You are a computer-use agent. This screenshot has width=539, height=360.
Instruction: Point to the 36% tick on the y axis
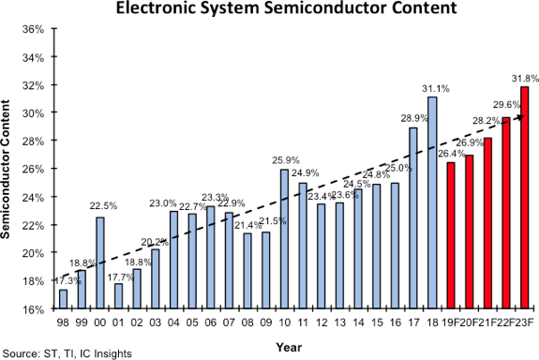click(33, 28)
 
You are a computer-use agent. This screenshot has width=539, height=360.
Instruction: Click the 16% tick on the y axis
click(33, 308)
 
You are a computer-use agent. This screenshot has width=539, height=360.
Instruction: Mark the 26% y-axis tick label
click(33, 169)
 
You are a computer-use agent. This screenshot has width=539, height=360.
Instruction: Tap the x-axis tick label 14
click(358, 322)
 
